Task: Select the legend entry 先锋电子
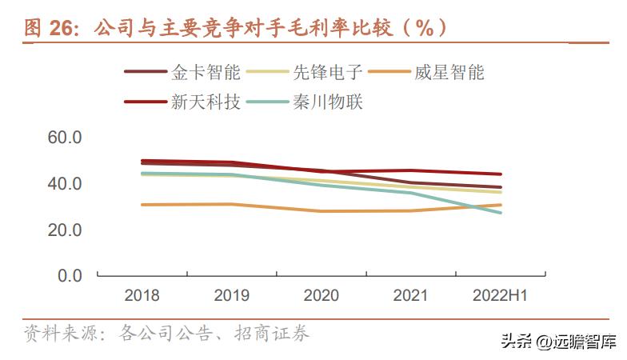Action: tap(328, 73)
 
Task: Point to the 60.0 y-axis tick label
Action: tap(65, 138)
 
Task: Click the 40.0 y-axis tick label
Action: tap(65, 184)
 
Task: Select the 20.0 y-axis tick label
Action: tap(65, 230)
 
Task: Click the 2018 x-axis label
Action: tap(142, 296)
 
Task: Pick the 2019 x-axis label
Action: tap(231, 296)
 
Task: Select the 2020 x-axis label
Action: tap(321, 296)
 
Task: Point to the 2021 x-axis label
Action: tap(411, 296)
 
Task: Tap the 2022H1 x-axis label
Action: tap(501, 296)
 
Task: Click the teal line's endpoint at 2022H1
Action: tap(501, 212)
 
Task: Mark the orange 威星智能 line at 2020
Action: tap(321, 211)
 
